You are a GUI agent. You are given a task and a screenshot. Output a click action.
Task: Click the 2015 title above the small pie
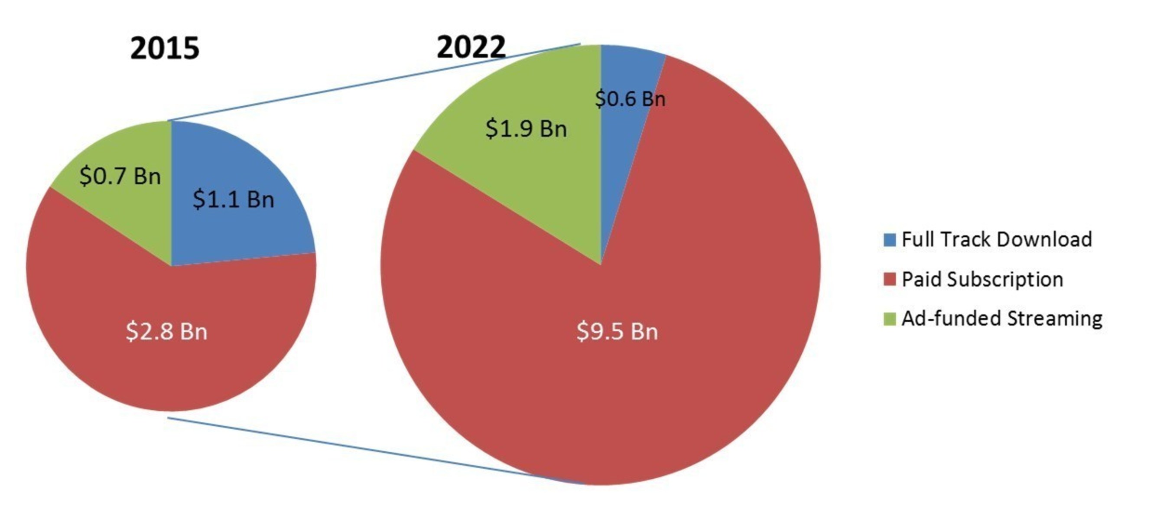[164, 48]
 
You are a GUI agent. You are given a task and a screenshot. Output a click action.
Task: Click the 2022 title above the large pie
[471, 47]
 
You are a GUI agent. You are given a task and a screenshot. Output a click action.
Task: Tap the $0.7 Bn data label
[120, 176]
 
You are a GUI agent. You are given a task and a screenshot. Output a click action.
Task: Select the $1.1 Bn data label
[234, 199]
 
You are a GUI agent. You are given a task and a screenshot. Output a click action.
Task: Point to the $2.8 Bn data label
[166, 331]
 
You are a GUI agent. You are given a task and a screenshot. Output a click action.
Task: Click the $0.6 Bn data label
[630, 99]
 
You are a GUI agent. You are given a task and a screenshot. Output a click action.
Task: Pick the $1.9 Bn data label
[526, 128]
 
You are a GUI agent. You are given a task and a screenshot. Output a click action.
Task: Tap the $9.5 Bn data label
[617, 331]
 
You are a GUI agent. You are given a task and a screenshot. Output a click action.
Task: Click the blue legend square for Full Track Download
[889, 240]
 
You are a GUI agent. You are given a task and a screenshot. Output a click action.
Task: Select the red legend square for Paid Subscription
[889, 279]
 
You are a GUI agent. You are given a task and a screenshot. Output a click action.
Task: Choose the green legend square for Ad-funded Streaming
[889, 319]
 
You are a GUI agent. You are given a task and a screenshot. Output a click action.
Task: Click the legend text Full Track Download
[997, 240]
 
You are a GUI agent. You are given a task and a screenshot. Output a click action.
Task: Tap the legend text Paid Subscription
[982, 279]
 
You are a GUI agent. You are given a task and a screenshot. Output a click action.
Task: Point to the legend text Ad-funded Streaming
[1001, 318]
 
